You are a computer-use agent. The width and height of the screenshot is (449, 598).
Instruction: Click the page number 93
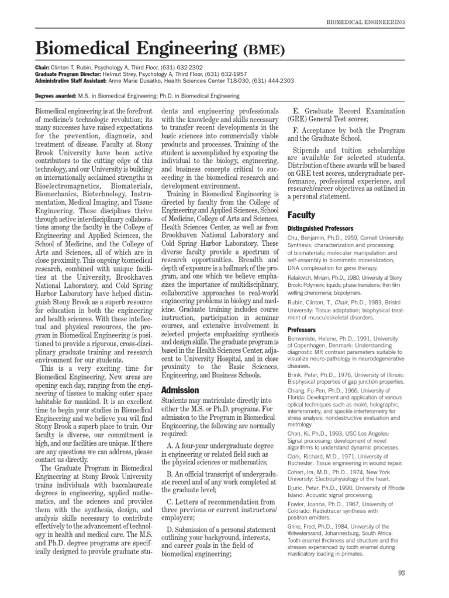pos(401,573)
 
